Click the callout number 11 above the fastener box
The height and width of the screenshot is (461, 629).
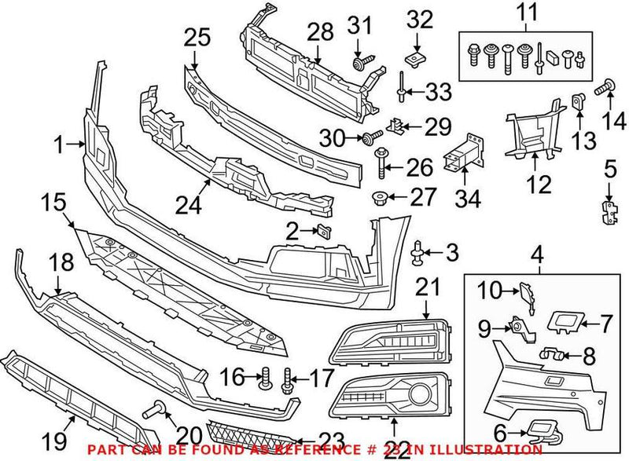pyautogui.click(x=524, y=13)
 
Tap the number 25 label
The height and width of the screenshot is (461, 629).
pyautogui.click(x=197, y=36)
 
